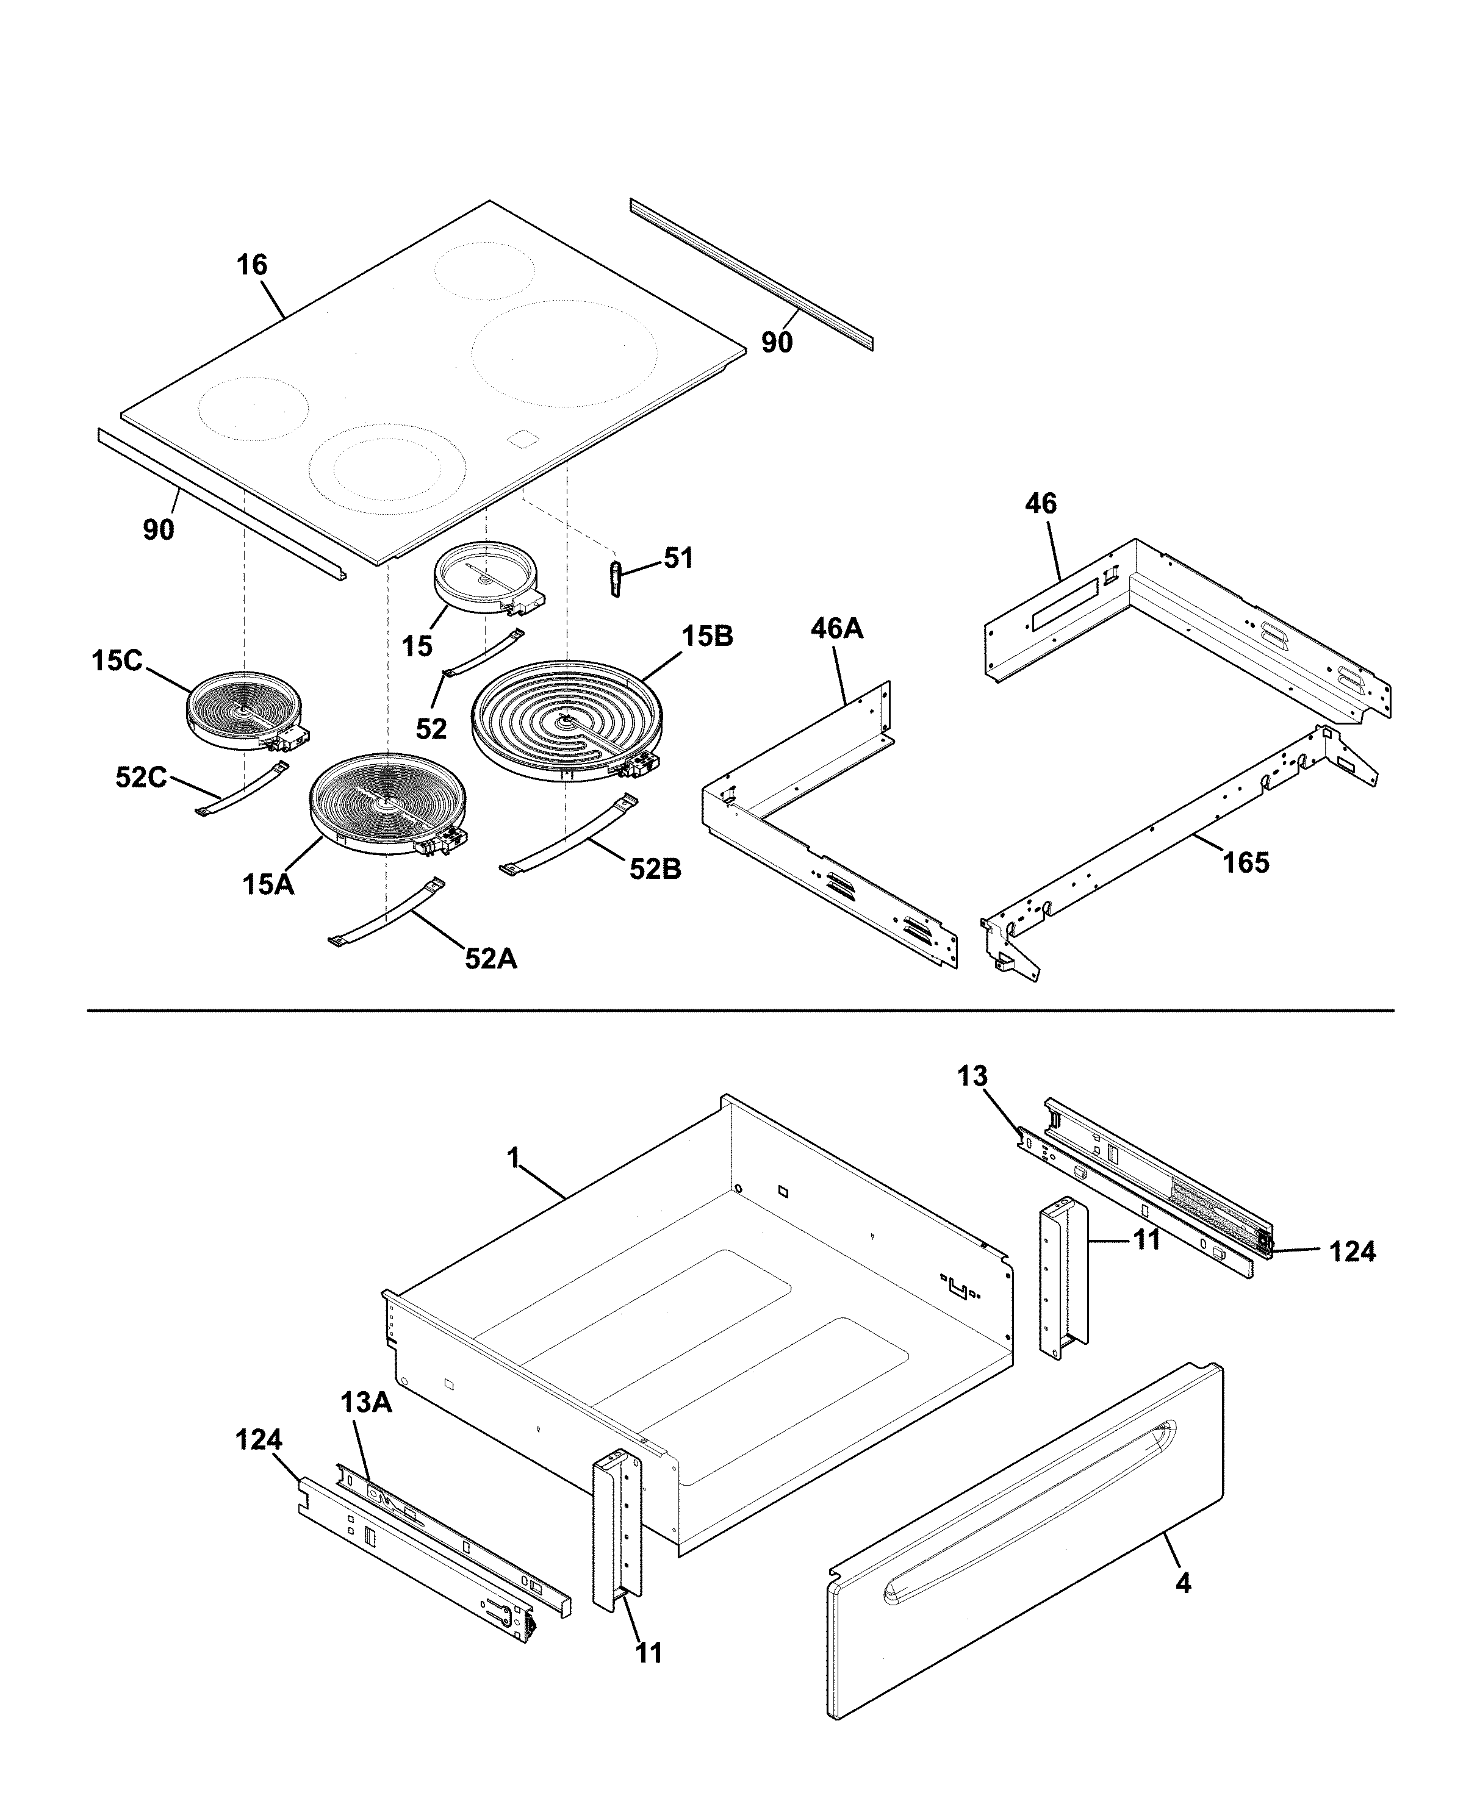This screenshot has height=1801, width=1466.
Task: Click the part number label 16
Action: coord(251,265)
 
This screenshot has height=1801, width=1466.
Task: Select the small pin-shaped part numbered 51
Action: coord(616,578)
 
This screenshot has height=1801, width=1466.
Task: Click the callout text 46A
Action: coord(837,628)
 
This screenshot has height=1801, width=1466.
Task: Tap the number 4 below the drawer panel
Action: coord(1184,1583)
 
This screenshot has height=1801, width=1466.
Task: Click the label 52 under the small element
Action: coord(431,729)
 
